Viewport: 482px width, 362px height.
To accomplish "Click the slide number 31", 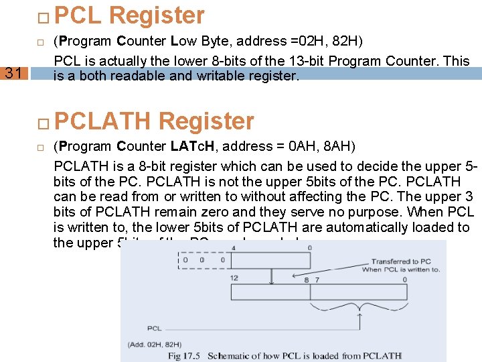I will [x=13, y=73].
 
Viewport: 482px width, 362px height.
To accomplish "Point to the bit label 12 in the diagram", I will [x=234, y=278].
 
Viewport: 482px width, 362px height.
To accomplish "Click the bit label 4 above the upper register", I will [x=233, y=248].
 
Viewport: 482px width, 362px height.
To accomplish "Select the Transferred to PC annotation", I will [x=402, y=261].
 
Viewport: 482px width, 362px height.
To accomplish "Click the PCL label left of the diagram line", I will [x=154, y=328].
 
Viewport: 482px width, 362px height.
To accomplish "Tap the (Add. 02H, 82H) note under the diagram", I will [x=155, y=344].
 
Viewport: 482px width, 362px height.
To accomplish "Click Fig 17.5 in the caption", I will [x=185, y=355].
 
